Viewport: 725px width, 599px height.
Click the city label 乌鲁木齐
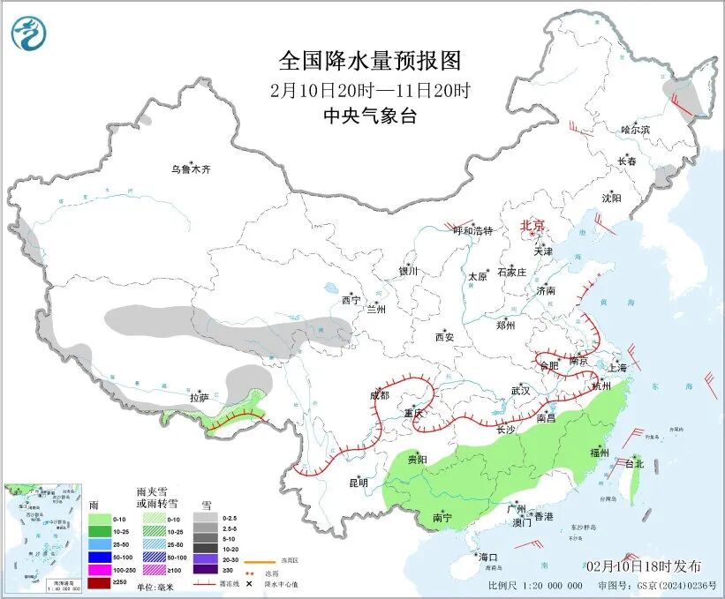click(x=192, y=168)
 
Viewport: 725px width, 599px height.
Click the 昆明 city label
click(x=358, y=482)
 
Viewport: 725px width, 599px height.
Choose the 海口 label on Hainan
click(x=488, y=557)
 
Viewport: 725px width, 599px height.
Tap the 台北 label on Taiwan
click(x=634, y=463)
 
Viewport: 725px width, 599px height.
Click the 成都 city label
click(x=380, y=395)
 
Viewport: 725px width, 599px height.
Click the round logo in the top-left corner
click(x=26, y=34)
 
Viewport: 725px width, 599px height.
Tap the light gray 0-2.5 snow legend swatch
click(x=206, y=519)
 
